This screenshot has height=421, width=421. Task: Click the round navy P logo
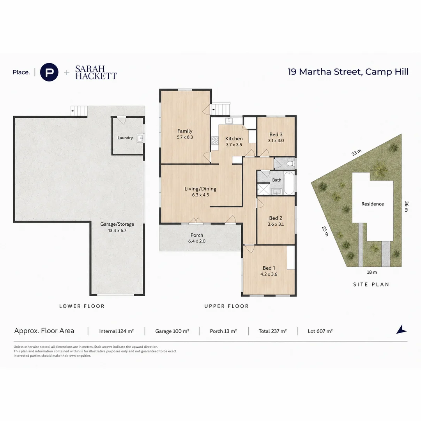(x=49, y=72)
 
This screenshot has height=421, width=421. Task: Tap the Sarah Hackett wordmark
(x=96, y=73)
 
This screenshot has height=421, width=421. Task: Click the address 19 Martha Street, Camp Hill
(x=348, y=72)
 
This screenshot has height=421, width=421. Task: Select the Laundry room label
(x=125, y=138)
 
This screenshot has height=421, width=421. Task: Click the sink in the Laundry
(x=140, y=138)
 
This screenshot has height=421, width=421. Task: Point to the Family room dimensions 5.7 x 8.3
(x=185, y=137)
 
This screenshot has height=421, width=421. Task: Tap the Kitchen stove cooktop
(x=215, y=140)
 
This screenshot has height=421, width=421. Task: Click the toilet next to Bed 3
(x=290, y=163)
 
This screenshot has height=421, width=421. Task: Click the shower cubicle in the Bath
(x=264, y=189)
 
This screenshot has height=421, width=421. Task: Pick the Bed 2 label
(x=276, y=218)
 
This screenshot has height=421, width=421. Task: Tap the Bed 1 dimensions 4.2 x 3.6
(x=269, y=274)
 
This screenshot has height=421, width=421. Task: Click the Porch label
(x=197, y=235)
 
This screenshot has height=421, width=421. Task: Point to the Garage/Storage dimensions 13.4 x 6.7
(x=117, y=230)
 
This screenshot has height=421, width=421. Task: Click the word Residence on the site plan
(x=373, y=204)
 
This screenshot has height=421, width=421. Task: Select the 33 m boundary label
(x=357, y=152)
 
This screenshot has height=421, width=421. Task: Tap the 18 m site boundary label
(x=372, y=272)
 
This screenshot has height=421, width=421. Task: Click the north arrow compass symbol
(x=402, y=329)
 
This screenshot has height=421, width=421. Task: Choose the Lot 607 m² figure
(x=320, y=331)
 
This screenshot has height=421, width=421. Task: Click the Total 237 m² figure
(x=272, y=331)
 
